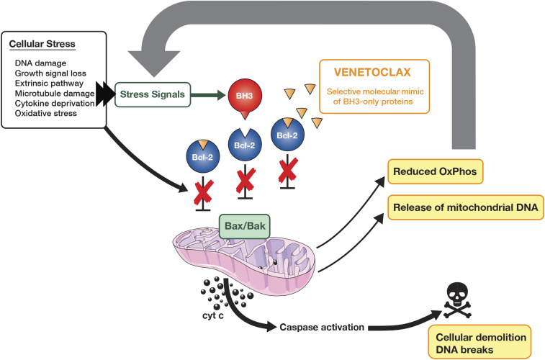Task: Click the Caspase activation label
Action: [x=320, y=327]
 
